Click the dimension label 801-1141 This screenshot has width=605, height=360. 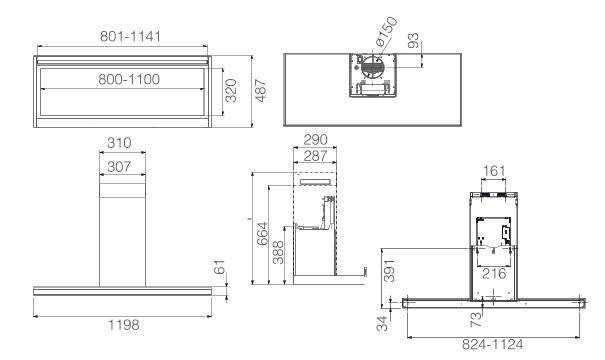click(x=130, y=36)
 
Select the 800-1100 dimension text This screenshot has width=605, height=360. click(x=129, y=79)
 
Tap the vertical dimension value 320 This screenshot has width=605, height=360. click(x=231, y=91)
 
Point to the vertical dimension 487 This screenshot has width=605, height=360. click(x=261, y=91)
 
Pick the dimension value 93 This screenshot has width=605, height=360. click(x=413, y=41)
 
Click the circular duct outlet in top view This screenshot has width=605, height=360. click(x=372, y=68)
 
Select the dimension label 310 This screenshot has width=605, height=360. click(x=119, y=143)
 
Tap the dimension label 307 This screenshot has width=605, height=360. click(x=119, y=167)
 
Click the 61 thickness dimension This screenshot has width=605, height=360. click(x=220, y=267)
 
